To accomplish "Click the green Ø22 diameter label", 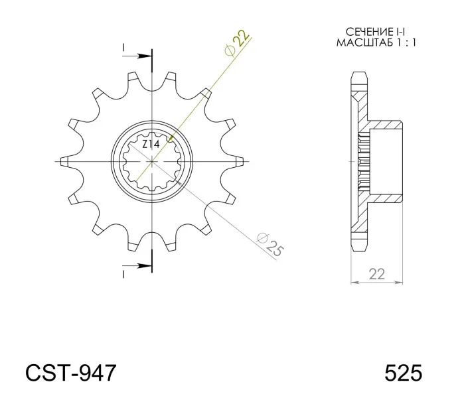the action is pyautogui.click(x=236, y=42).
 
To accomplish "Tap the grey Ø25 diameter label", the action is pyautogui.click(x=270, y=244).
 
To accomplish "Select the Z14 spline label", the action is pyautogui.click(x=151, y=144).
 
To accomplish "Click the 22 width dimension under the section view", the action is pyautogui.click(x=376, y=274).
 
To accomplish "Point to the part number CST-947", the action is pyautogui.click(x=71, y=373).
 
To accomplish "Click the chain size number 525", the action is pyautogui.click(x=403, y=373).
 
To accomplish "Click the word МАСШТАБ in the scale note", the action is pyautogui.click(x=364, y=42).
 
